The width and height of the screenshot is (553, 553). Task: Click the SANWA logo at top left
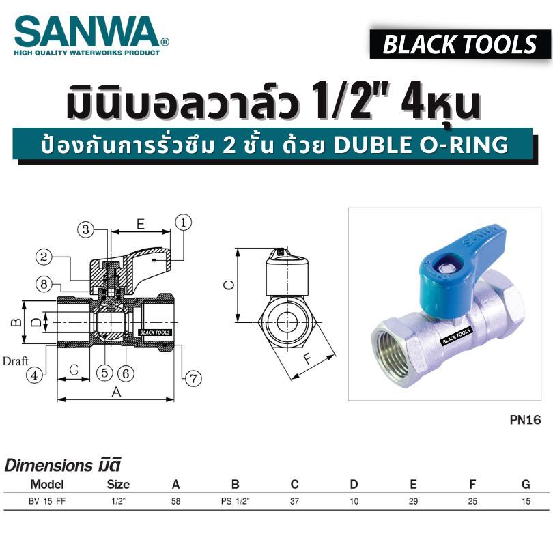click(91, 36)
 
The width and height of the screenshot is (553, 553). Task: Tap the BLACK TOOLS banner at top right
click(460, 44)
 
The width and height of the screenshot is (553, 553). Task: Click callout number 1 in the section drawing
click(184, 223)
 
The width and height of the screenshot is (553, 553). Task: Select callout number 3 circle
click(86, 229)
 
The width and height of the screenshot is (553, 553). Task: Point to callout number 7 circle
click(193, 379)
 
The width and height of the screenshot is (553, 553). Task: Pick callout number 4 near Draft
click(35, 375)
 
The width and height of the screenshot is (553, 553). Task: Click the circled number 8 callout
click(44, 284)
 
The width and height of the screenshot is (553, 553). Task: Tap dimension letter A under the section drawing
click(116, 392)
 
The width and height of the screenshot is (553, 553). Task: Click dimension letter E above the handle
click(141, 225)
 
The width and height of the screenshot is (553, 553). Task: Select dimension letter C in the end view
click(229, 285)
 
